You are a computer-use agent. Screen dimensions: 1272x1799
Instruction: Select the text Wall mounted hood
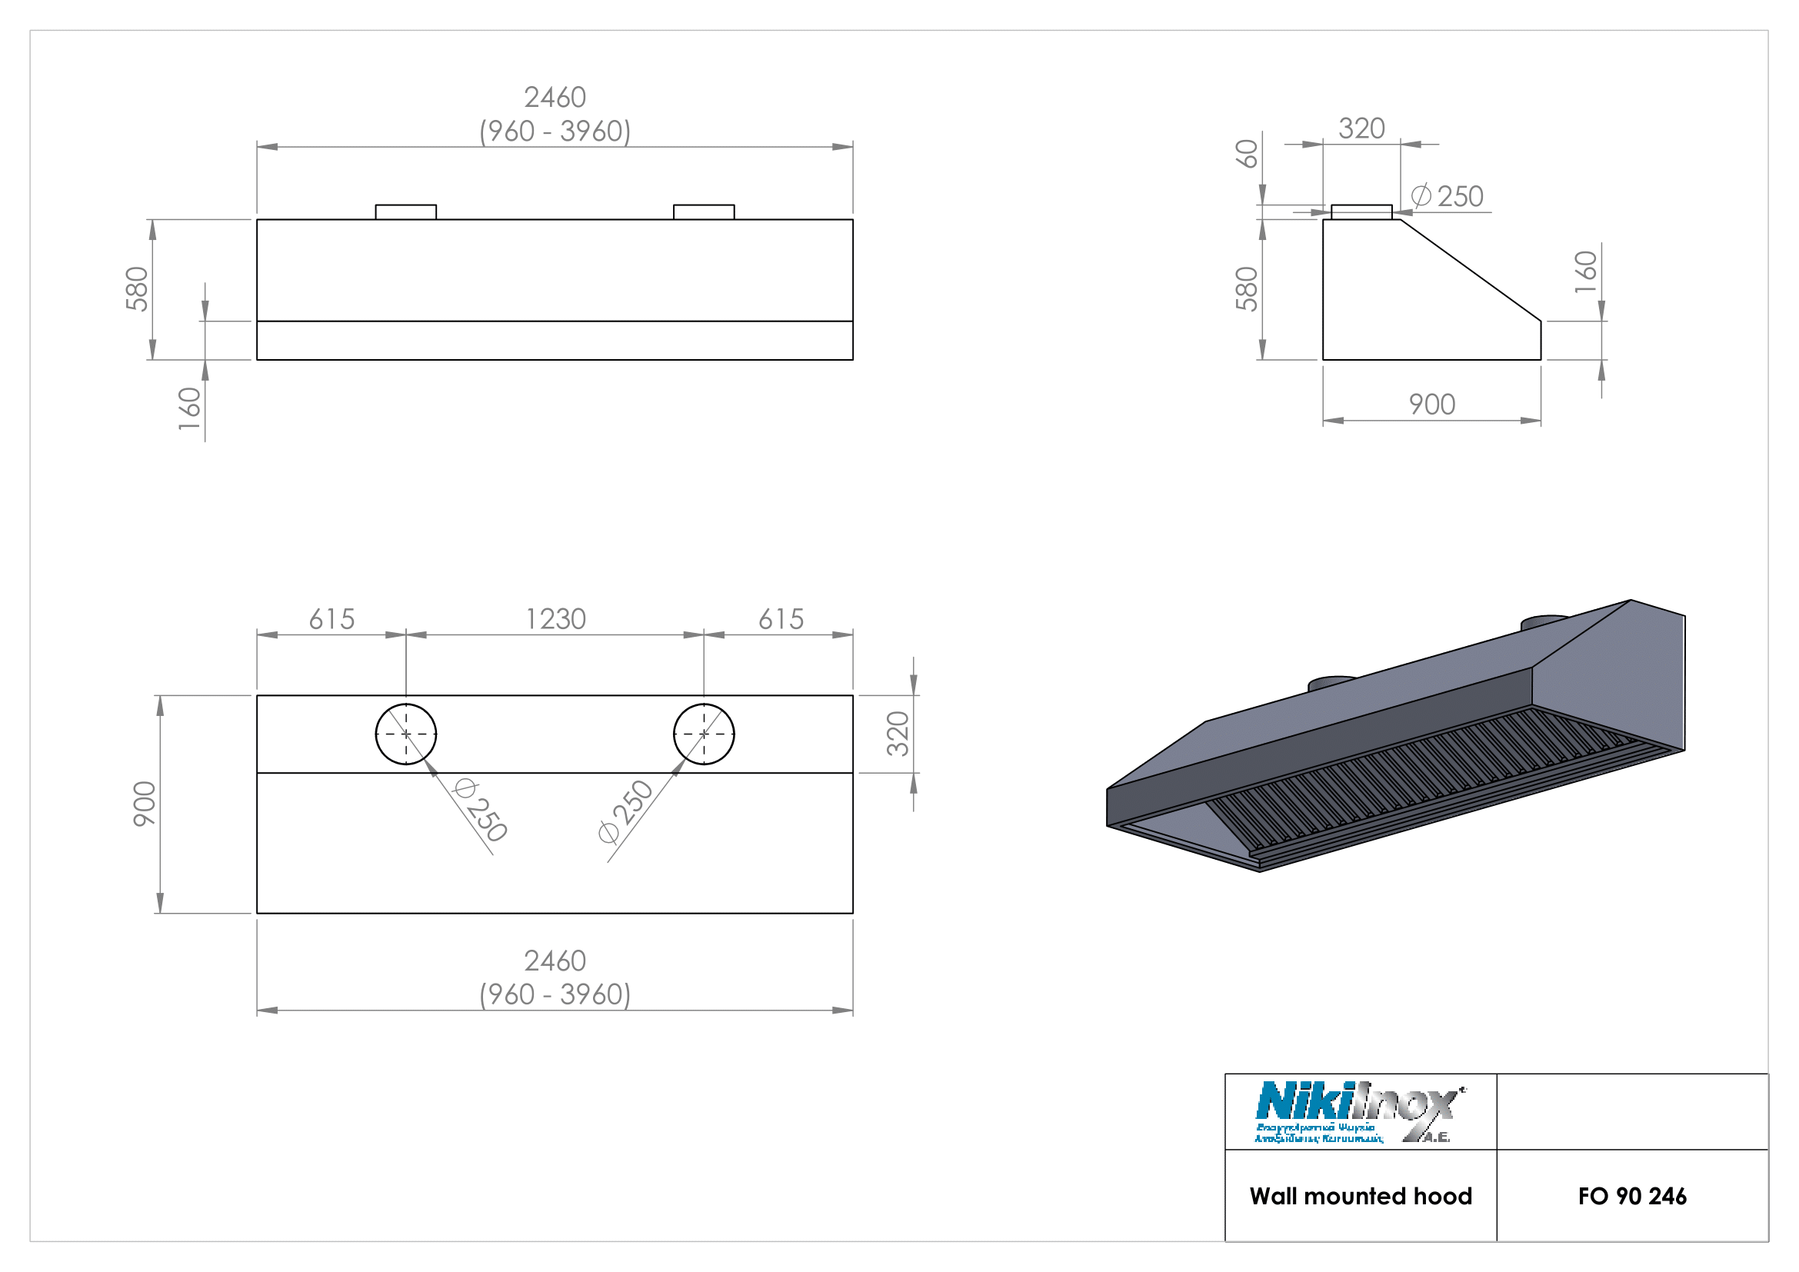[x=1361, y=1197]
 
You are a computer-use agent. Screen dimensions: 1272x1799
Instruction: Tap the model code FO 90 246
[x=1631, y=1197]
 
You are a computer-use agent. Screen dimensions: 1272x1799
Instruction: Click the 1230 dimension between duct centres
[x=555, y=620]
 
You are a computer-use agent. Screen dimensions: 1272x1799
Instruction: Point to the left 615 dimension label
[x=331, y=620]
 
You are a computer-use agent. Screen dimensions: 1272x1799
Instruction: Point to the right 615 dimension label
[x=781, y=620]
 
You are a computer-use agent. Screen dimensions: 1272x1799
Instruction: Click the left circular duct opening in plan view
[x=406, y=734]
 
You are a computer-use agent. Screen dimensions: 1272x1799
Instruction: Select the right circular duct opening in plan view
[x=704, y=734]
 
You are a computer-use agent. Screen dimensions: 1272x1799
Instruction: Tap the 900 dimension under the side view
[x=1431, y=405]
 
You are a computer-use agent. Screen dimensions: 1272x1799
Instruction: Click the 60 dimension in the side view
[x=1247, y=154]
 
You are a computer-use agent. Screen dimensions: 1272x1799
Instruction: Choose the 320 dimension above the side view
[x=1361, y=128]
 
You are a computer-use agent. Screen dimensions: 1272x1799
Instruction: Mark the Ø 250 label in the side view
[x=1448, y=197]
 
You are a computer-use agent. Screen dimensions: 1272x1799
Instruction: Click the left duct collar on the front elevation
[x=406, y=212]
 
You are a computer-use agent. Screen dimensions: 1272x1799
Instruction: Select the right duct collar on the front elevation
[x=704, y=212]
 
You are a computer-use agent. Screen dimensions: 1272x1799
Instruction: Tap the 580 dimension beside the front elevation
[x=137, y=288]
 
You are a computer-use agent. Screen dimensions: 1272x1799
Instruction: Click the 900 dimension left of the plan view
[x=145, y=804]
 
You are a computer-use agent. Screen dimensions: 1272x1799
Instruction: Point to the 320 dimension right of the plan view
[x=898, y=734]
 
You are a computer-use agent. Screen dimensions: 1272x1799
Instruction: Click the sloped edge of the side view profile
[x=1471, y=270]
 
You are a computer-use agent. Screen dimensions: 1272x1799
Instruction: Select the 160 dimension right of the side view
[x=1585, y=271]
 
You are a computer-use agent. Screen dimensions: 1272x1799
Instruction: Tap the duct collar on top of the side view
[x=1361, y=212]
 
